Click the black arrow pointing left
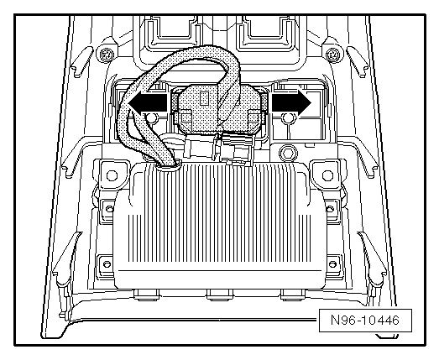[148, 102]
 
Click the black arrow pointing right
[291, 102]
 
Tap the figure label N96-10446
[365, 320]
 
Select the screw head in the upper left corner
[106, 54]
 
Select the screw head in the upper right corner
[332, 54]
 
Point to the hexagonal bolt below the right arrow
[288, 153]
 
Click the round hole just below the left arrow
[151, 118]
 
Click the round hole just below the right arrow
[288, 118]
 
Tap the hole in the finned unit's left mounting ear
[112, 175]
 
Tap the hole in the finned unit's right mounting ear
[327, 175]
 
